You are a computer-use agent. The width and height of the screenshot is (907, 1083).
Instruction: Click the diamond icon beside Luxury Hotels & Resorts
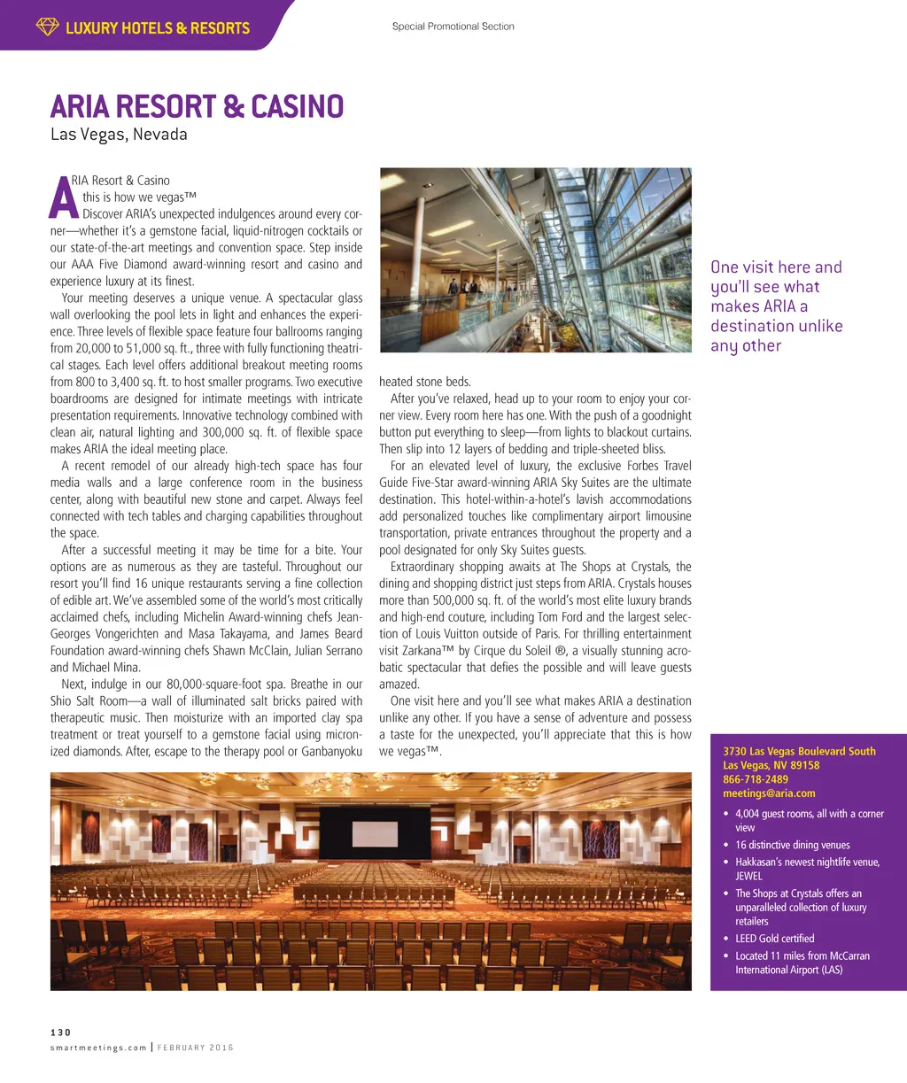(x=47, y=27)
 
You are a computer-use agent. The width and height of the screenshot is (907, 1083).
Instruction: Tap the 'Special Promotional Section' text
(x=453, y=27)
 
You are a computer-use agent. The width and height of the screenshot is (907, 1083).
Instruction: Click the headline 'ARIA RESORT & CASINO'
(x=197, y=107)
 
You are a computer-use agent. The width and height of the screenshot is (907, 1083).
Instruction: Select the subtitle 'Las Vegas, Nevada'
(x=119, y=135)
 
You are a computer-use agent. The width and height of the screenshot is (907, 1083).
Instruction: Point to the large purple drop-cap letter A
(x=65, y=199)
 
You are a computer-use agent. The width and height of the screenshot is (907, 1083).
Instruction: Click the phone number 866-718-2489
(x=756, y=779)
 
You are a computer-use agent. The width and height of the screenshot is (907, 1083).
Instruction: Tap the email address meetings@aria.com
(x=769, y=793)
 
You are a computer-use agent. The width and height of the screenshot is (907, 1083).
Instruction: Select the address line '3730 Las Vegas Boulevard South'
(x=799, y=751)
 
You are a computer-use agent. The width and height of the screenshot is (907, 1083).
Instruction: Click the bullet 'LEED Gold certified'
(x=774, y=939)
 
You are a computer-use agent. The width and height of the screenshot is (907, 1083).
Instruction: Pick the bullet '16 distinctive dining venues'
(x=792, y=845)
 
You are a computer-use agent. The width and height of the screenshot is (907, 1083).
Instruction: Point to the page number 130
(x=60, y=1033)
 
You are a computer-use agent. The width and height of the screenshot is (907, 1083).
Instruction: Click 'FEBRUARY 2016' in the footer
(x=196, y=1048)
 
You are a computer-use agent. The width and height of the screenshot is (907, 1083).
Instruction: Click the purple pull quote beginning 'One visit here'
(x=776, y=306)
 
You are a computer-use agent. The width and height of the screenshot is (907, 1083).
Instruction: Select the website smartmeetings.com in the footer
(x=98, y=1048)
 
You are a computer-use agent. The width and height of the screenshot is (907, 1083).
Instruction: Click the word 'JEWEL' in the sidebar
(x=748, y=876)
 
